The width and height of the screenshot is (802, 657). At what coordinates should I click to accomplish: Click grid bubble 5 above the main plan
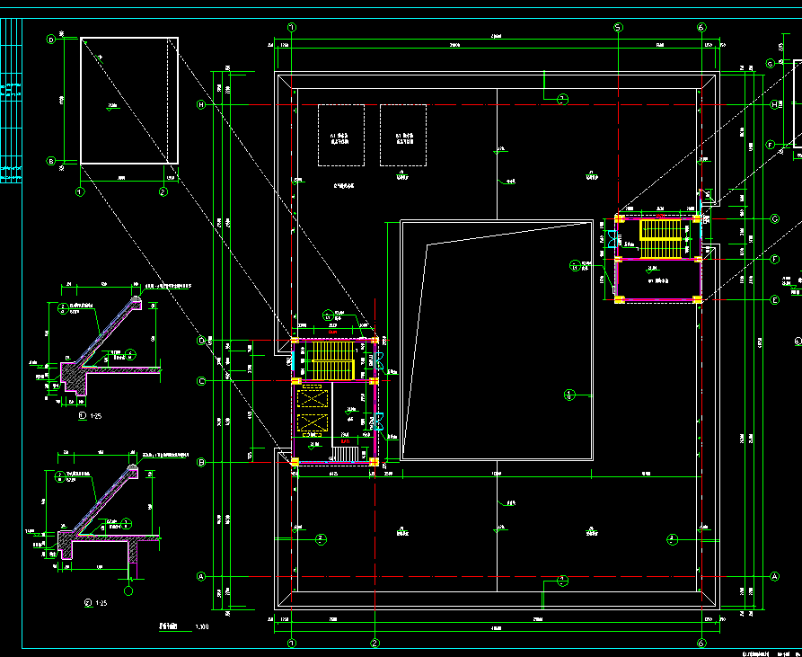[618, 27]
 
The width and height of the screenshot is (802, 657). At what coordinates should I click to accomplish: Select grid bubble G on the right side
[771, 63]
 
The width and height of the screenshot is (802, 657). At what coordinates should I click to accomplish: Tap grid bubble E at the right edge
[774, 300]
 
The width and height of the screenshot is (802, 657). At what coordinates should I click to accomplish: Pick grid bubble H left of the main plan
[202, 105]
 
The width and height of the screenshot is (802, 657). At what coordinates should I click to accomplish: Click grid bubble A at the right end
[774, 576]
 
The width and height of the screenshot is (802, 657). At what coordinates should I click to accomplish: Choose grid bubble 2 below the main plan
[375, 643]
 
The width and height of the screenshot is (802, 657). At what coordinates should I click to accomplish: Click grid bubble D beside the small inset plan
[51, 40]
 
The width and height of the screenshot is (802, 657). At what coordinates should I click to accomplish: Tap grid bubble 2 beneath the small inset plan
[163, 191]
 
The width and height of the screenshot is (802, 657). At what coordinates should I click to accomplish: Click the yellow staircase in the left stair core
[329, 360]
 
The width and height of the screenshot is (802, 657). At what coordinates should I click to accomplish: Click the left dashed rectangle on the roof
[341, 135]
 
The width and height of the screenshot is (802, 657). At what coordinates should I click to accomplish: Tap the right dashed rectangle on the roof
[402, 135]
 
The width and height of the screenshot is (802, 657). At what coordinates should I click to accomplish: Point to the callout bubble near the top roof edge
[562, 99]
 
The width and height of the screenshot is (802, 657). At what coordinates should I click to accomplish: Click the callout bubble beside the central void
[568, 394]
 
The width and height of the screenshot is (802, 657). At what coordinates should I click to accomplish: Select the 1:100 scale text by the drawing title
[202, 626]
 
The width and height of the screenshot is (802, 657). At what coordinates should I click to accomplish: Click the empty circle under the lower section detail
[128, 590]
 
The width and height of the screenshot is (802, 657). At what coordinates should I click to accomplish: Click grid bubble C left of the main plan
[202, 382]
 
